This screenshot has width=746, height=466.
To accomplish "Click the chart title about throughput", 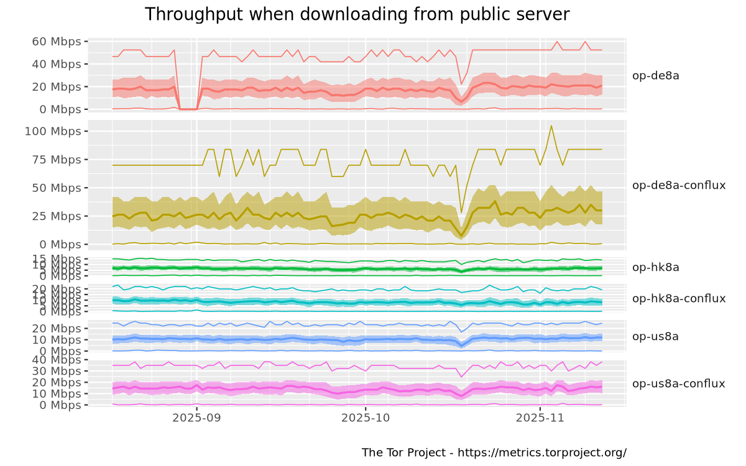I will (x=357, y=14).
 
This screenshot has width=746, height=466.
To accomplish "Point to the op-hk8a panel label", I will (x=655, y=268).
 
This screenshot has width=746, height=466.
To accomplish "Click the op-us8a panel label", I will (x=655, y=337).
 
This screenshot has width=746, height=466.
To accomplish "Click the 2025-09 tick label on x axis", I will (x=196, y=419).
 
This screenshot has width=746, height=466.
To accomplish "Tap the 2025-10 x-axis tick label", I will (x=366, y=419).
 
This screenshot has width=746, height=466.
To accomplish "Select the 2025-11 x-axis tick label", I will (x=541, y=419).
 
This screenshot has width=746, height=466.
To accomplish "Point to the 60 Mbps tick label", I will (x=57, y=42).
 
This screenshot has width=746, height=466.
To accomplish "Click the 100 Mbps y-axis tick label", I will (x=54, y=131).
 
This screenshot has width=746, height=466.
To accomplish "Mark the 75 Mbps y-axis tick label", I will (x=57, y=160).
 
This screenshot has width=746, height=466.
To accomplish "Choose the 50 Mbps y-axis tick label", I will (x=57, y=188).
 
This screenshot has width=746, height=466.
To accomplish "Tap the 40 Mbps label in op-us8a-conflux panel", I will (x=57, y=360).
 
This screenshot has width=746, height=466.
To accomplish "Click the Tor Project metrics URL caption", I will (x=494, y=452).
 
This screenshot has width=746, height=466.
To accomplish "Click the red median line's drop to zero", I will (x=188, y=109).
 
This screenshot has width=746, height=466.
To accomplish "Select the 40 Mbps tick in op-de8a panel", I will (x=57, y=64).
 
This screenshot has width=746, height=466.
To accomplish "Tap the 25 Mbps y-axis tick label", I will (x=57, y=216).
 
